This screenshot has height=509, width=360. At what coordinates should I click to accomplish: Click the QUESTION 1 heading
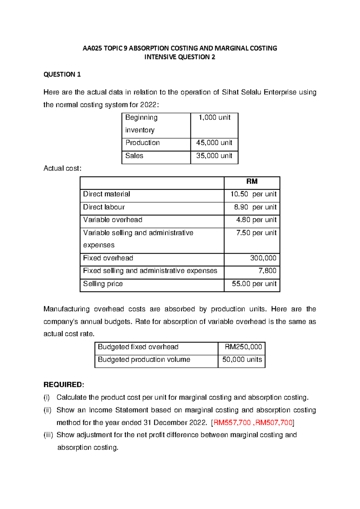click(x=62, y=74)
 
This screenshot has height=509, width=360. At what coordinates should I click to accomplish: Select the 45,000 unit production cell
click(x=214, y=143)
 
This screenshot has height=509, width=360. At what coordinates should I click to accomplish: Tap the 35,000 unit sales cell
click(x=214, y=156)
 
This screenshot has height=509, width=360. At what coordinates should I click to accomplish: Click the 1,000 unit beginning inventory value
click(x=214, y=118)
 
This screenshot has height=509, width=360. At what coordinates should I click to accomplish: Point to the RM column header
click(x=252, y=182)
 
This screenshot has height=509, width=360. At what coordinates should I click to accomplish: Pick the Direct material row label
click(x=106, y=194)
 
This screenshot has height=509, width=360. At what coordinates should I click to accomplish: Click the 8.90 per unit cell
click(x=255, y=207)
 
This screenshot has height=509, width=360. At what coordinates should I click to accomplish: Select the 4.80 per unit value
click(x=256, y=220)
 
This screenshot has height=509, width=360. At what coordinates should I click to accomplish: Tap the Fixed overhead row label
click(x=108, y=258)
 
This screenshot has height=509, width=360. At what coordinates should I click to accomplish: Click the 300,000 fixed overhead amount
click(x=263, y=258)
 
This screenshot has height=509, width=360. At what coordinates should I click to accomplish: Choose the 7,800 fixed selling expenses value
click(x=267, y=271)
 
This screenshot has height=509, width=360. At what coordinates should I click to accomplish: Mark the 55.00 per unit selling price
click(x=254, y=284)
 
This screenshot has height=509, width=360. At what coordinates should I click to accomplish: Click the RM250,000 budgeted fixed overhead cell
click(x=243, y=347)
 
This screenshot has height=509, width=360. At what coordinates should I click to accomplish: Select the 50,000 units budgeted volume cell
click(x=242, y=360)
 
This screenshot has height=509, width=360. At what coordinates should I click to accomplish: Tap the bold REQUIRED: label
click(x=64, y=385)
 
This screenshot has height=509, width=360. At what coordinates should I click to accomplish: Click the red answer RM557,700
click(x=232, y=423)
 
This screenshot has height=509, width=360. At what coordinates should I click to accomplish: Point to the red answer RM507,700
click(x=274, y=423)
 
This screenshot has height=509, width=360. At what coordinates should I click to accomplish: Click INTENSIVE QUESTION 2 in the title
click(x=180, y=57)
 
